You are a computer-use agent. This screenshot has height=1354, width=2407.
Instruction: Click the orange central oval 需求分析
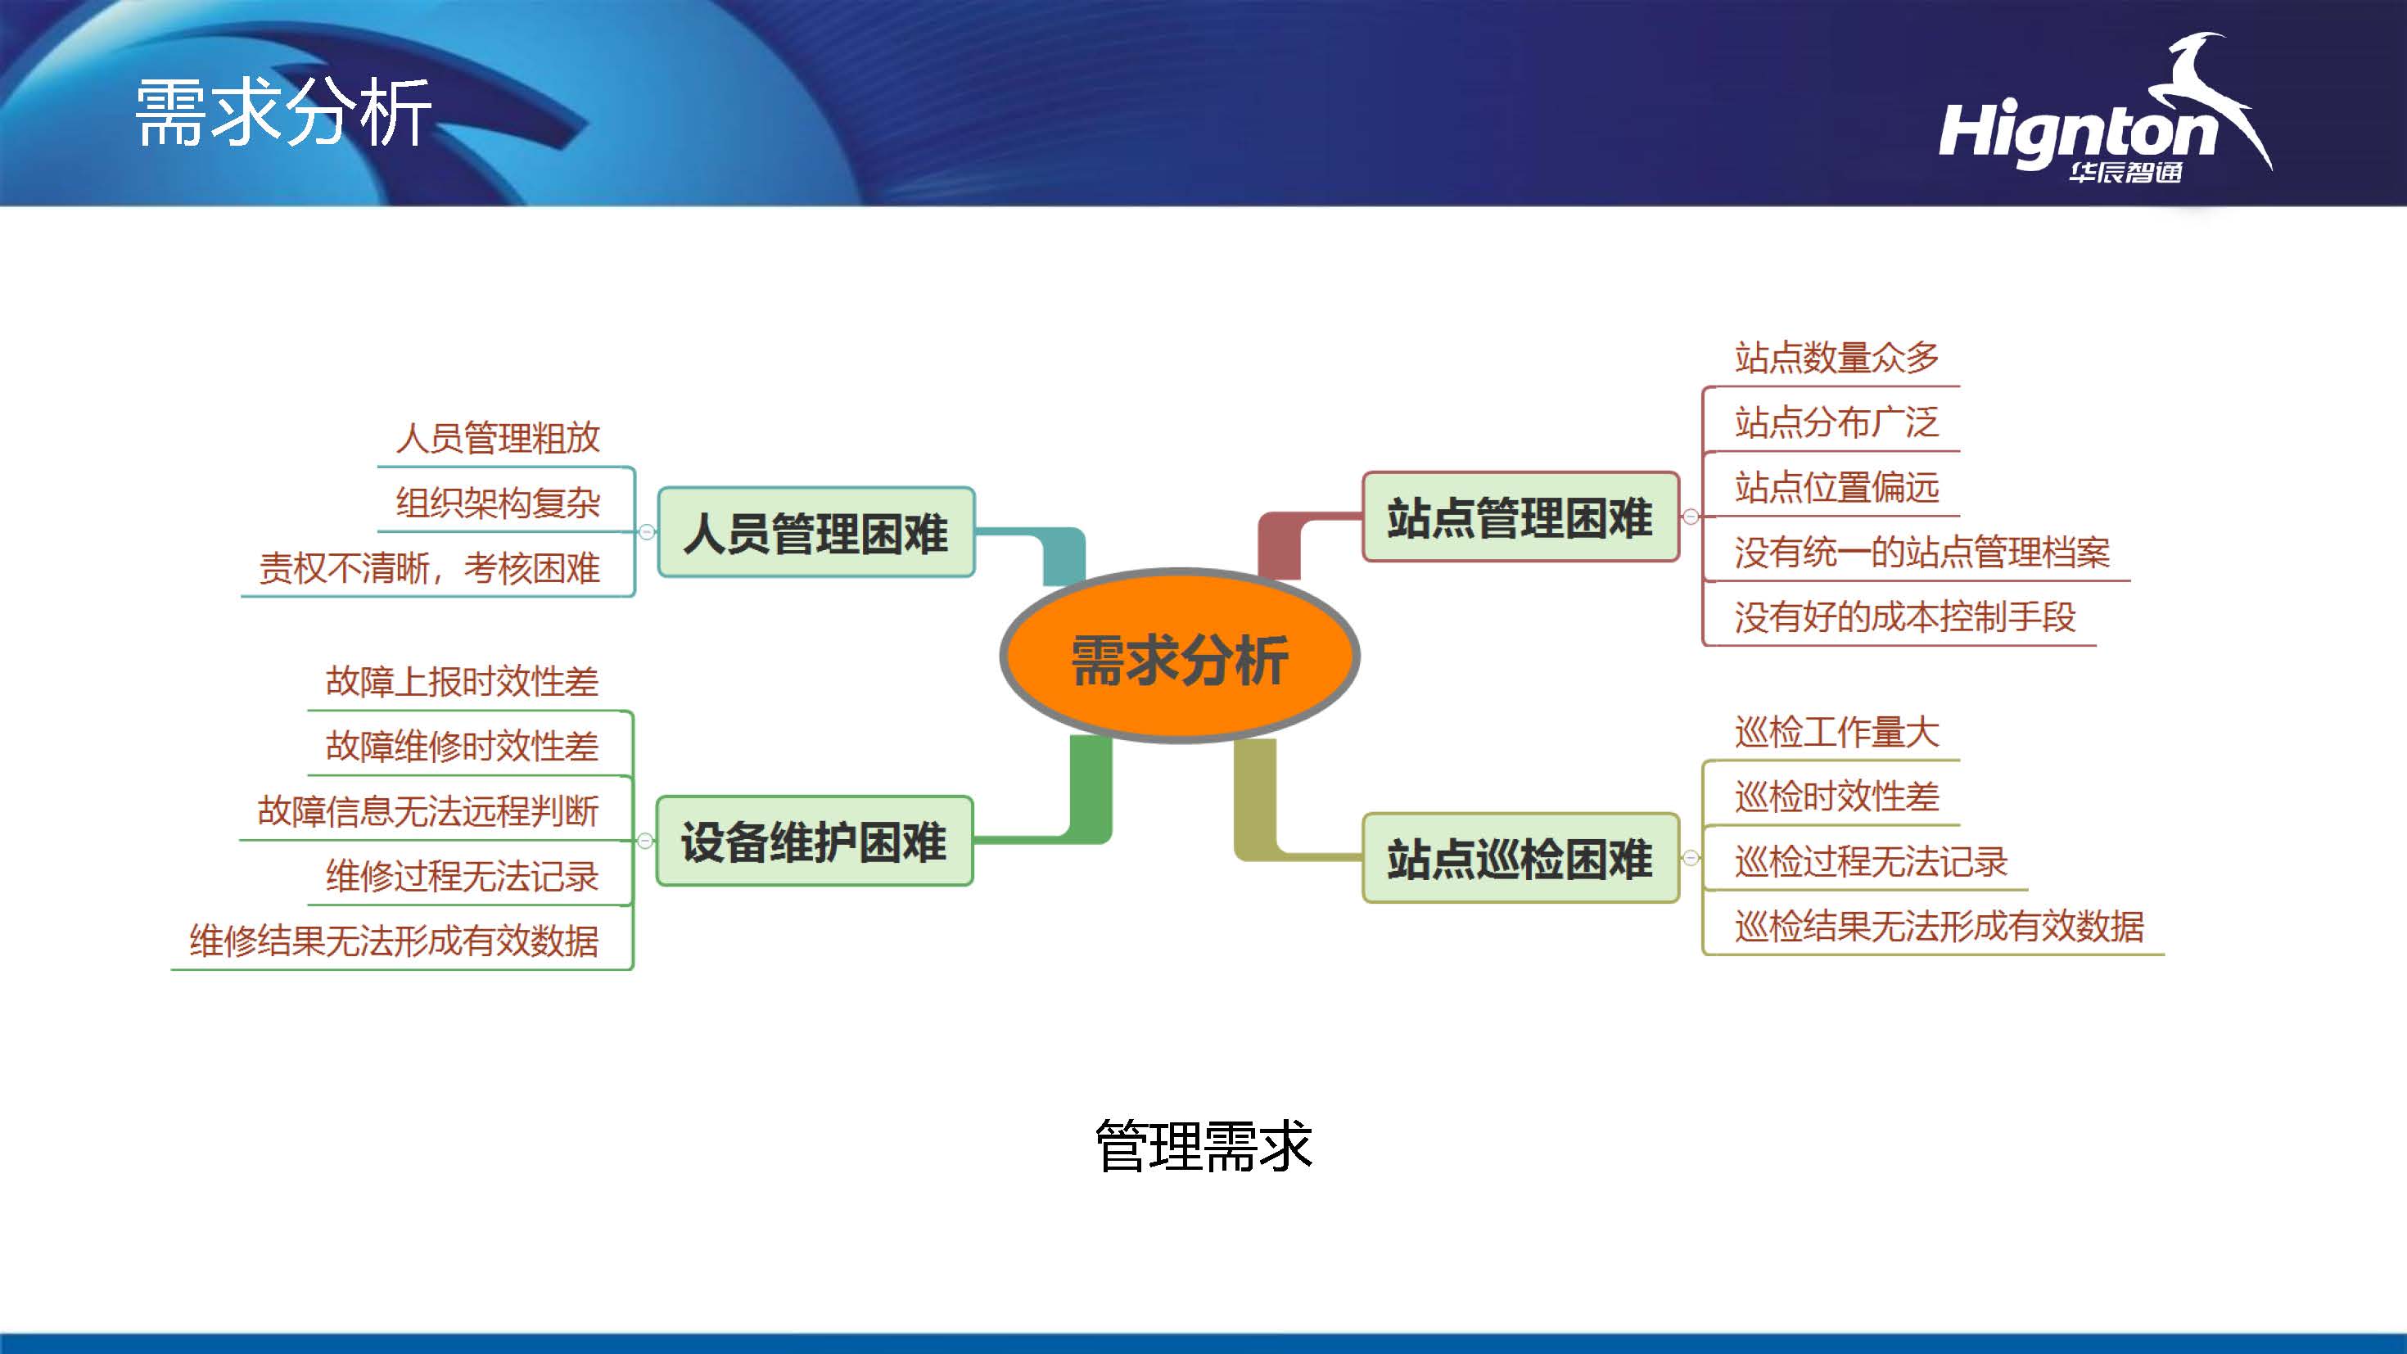[x=1179, y=657]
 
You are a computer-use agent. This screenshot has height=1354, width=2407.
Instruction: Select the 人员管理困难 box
[x=815, y=533]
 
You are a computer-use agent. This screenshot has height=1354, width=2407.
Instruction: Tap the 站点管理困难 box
[x=1520, y=517]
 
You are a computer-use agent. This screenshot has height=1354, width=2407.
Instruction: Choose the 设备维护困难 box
[x=814, y=841]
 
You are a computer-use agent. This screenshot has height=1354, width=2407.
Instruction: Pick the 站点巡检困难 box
[x=1520, y=858]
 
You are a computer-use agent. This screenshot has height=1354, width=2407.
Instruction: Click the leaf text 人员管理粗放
[x=497, y=437]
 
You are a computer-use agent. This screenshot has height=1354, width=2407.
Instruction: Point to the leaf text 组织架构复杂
[x=497, y=503]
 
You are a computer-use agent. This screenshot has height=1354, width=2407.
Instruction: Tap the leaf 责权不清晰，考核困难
[x=429, y=568]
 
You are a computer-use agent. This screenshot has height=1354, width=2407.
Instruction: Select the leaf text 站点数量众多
[x=1836, y=357]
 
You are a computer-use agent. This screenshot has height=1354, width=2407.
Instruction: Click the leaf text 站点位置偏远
[x=1836, y=487]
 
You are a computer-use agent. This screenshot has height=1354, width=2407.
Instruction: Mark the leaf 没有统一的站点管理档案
[x=1922, y=551]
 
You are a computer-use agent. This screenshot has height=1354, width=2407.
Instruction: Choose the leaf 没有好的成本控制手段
[x=1904, y=616]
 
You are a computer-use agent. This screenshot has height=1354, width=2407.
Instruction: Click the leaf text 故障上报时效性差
[x=462, y=681]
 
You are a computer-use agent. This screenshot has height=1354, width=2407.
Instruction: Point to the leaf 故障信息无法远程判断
[x=428, y=811]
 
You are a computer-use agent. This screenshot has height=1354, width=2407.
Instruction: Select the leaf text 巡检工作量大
[x=1836, y=732]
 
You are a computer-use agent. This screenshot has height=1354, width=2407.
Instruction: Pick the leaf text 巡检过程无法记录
[x=1871, y=861]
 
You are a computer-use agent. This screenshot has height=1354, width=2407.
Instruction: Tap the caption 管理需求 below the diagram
[x=1203, y=1145]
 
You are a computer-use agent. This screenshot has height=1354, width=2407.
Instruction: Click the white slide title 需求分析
[x=283, y=112]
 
